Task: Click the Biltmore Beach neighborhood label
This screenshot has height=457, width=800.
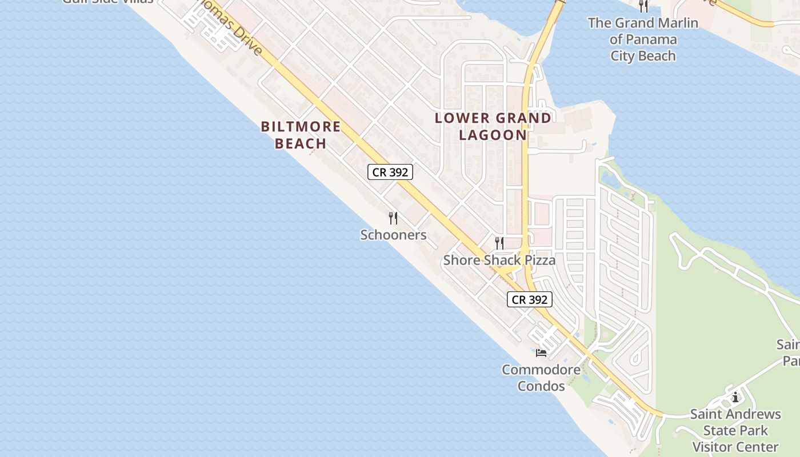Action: click(301, 135)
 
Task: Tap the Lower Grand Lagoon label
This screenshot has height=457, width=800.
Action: click(493, 126)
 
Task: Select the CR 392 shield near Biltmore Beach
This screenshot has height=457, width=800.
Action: click(390, 172)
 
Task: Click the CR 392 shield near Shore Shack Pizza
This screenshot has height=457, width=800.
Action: click(530, 299)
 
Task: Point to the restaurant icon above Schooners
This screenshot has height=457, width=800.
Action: click(393, 218)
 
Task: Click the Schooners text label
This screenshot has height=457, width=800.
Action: click(393, 235)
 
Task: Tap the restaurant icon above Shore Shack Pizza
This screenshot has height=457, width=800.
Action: click(499, 243)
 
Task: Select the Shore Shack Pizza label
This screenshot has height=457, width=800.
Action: click(499, 260)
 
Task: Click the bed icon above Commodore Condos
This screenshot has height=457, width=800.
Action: click(541, 352)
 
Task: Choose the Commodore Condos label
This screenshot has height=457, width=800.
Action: click(541, 378)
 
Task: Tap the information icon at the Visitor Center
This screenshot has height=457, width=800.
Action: click(735, 397)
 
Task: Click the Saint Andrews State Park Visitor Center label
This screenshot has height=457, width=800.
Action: click(735, 430)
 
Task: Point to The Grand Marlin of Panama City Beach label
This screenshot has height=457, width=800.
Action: click(643, 39)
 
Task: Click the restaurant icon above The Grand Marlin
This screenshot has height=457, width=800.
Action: click(643, 6)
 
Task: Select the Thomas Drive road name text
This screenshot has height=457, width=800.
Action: click(237, 31)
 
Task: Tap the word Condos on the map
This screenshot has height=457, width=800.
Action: click(541, 386)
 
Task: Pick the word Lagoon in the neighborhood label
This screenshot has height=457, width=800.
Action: click(493, 135)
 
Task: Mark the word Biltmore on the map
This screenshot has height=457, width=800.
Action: click(301, 126)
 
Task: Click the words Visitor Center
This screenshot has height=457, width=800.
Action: click(735, 447)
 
